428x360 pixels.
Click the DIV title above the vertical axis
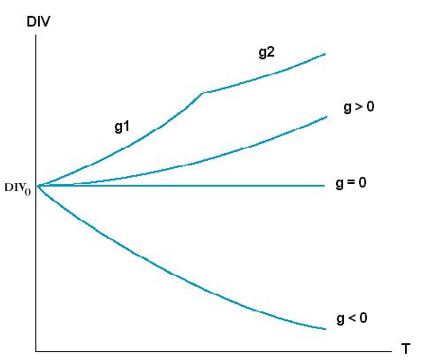coord(38,21)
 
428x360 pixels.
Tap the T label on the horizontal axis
coord(406,349)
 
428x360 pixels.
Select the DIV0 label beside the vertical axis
coord(18,188)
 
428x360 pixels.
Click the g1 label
coord(122,127)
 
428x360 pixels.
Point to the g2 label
coord(267,52)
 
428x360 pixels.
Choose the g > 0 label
coord(359,107)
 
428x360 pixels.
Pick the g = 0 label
coord(351,183)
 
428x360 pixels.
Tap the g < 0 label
coord(352,318)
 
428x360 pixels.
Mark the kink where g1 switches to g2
coord(203,93)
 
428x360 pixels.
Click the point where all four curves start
coord(38,186)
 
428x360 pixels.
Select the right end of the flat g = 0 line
coord(325,186)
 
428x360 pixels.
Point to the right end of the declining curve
coord(325,329)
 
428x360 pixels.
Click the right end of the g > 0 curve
coord(326,117)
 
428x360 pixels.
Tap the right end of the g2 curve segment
coord(325,54)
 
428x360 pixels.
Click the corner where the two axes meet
coord(36,351)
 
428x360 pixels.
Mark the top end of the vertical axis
coord(36,35)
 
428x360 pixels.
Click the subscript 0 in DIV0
coord(27,192)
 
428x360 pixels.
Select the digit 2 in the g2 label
coord(271,51)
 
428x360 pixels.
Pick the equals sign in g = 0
coord(351,183)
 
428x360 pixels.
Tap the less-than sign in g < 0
coord(352,318)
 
